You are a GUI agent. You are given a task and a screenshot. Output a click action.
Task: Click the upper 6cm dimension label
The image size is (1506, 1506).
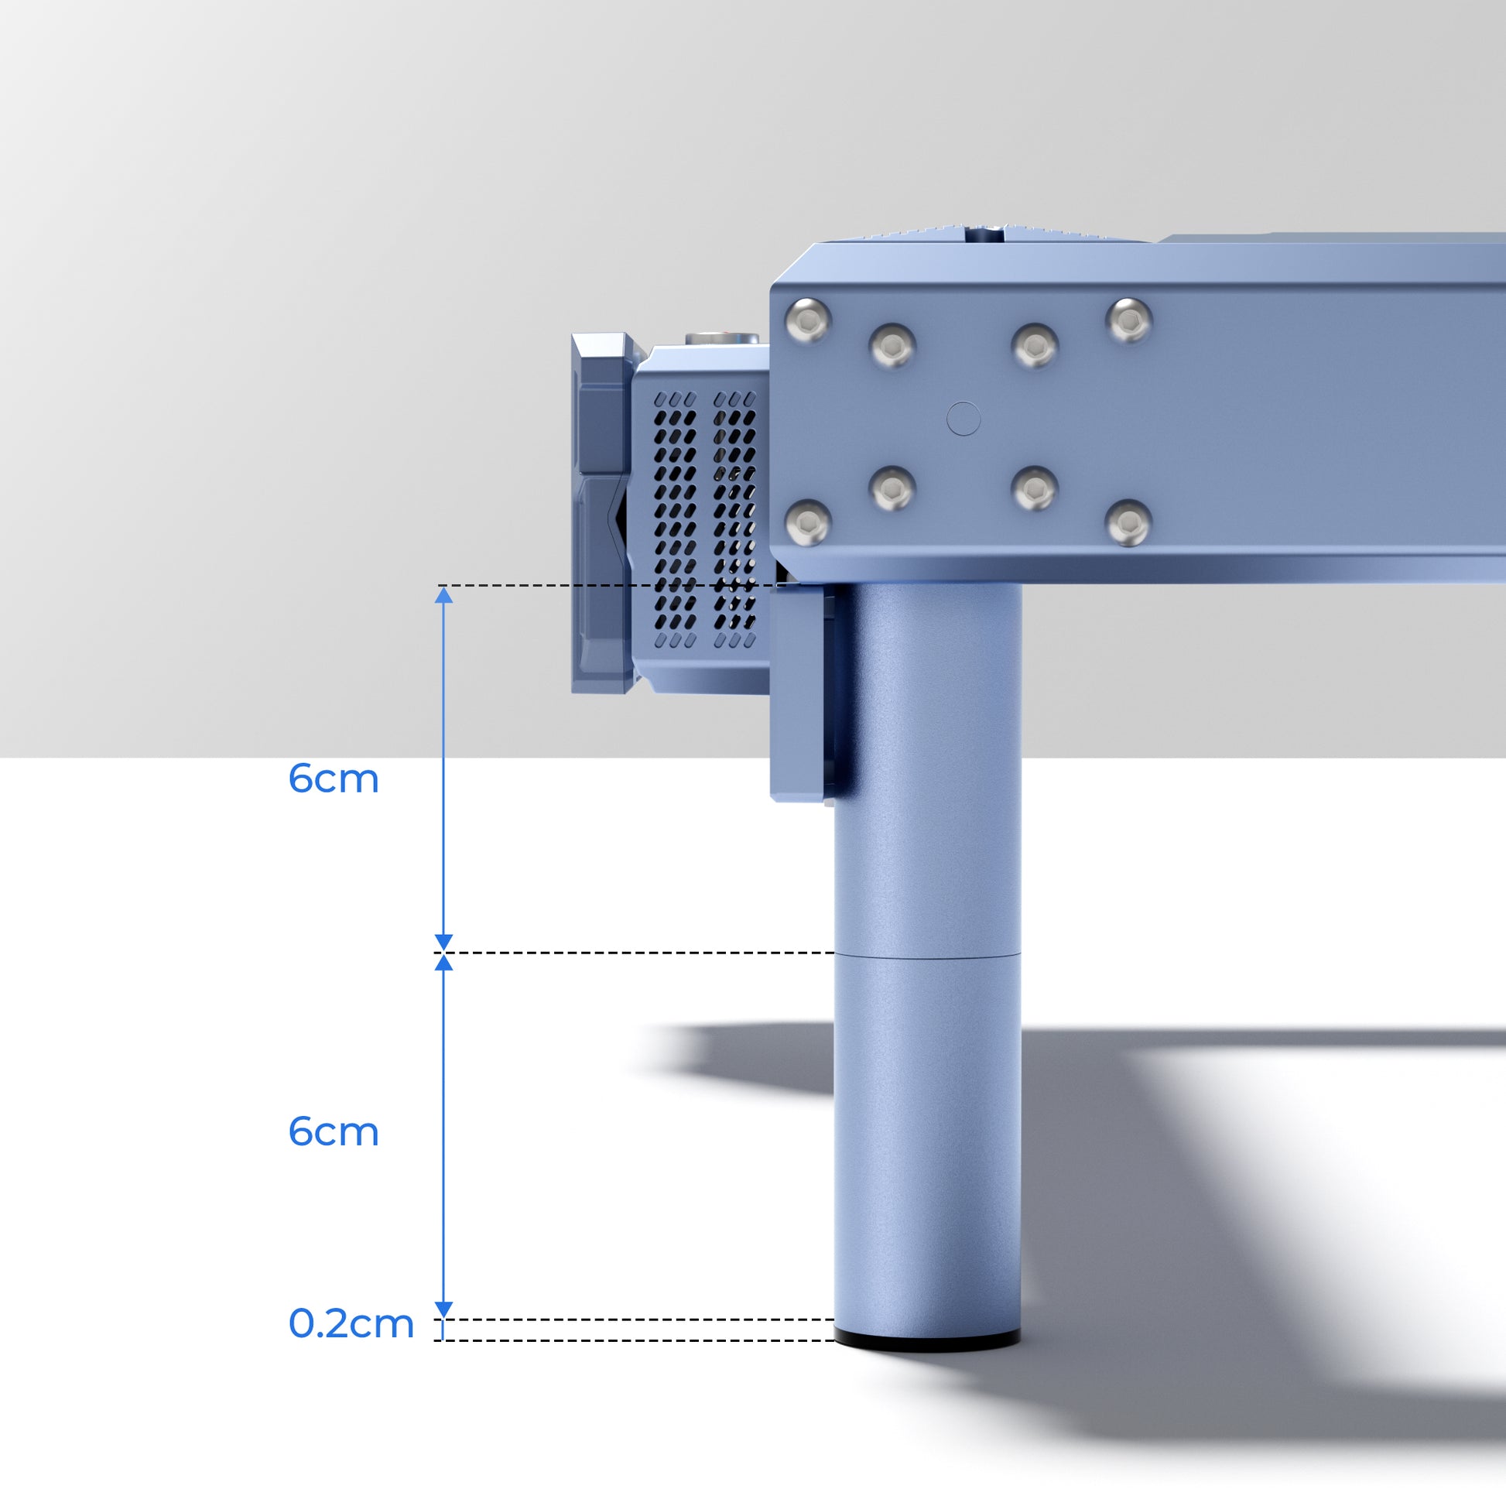[334, 779]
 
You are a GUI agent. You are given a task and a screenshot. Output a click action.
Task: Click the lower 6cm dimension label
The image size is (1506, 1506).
[334, 1132]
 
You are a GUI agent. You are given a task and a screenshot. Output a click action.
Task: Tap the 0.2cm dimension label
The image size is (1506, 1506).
[351, 1323]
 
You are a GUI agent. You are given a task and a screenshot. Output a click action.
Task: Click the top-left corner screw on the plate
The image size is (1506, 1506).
[808, 320]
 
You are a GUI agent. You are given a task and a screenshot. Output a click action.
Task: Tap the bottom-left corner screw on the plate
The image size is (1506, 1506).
[808, 522]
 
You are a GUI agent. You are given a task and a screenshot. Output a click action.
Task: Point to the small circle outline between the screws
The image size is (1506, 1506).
[963, 419]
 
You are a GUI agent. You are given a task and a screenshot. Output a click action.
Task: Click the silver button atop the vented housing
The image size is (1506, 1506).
[721, 338]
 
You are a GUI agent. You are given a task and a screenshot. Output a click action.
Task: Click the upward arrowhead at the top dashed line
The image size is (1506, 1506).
[443, 597]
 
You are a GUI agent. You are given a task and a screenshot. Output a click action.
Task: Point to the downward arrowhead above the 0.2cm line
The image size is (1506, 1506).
[443, 1309]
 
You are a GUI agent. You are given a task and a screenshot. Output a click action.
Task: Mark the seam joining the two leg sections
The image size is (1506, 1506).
[927, 954]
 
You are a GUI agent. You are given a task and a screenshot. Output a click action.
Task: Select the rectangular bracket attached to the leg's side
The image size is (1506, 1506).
[799, 693]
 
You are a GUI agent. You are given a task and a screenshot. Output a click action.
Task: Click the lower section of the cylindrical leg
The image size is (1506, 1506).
[927, 1138]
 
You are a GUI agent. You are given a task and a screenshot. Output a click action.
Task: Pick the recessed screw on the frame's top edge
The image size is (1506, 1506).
[985, 231]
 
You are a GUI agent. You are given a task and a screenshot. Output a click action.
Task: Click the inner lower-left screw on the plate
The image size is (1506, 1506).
[892, 490]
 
